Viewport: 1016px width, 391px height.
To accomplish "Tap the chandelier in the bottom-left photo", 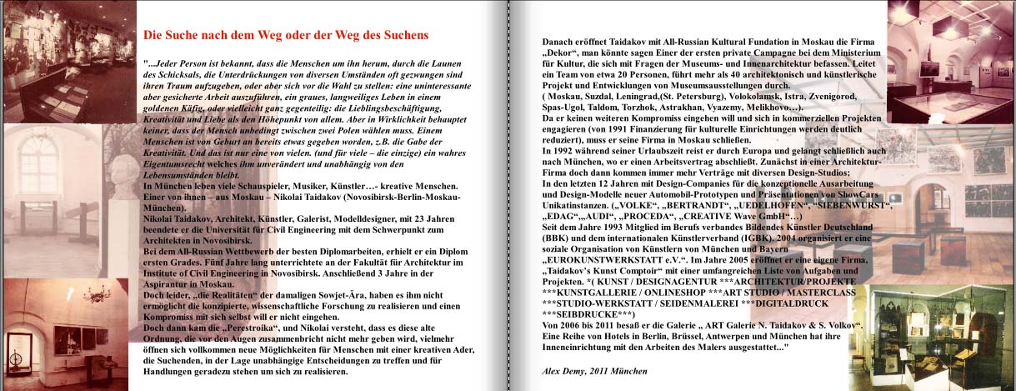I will [92, 296].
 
